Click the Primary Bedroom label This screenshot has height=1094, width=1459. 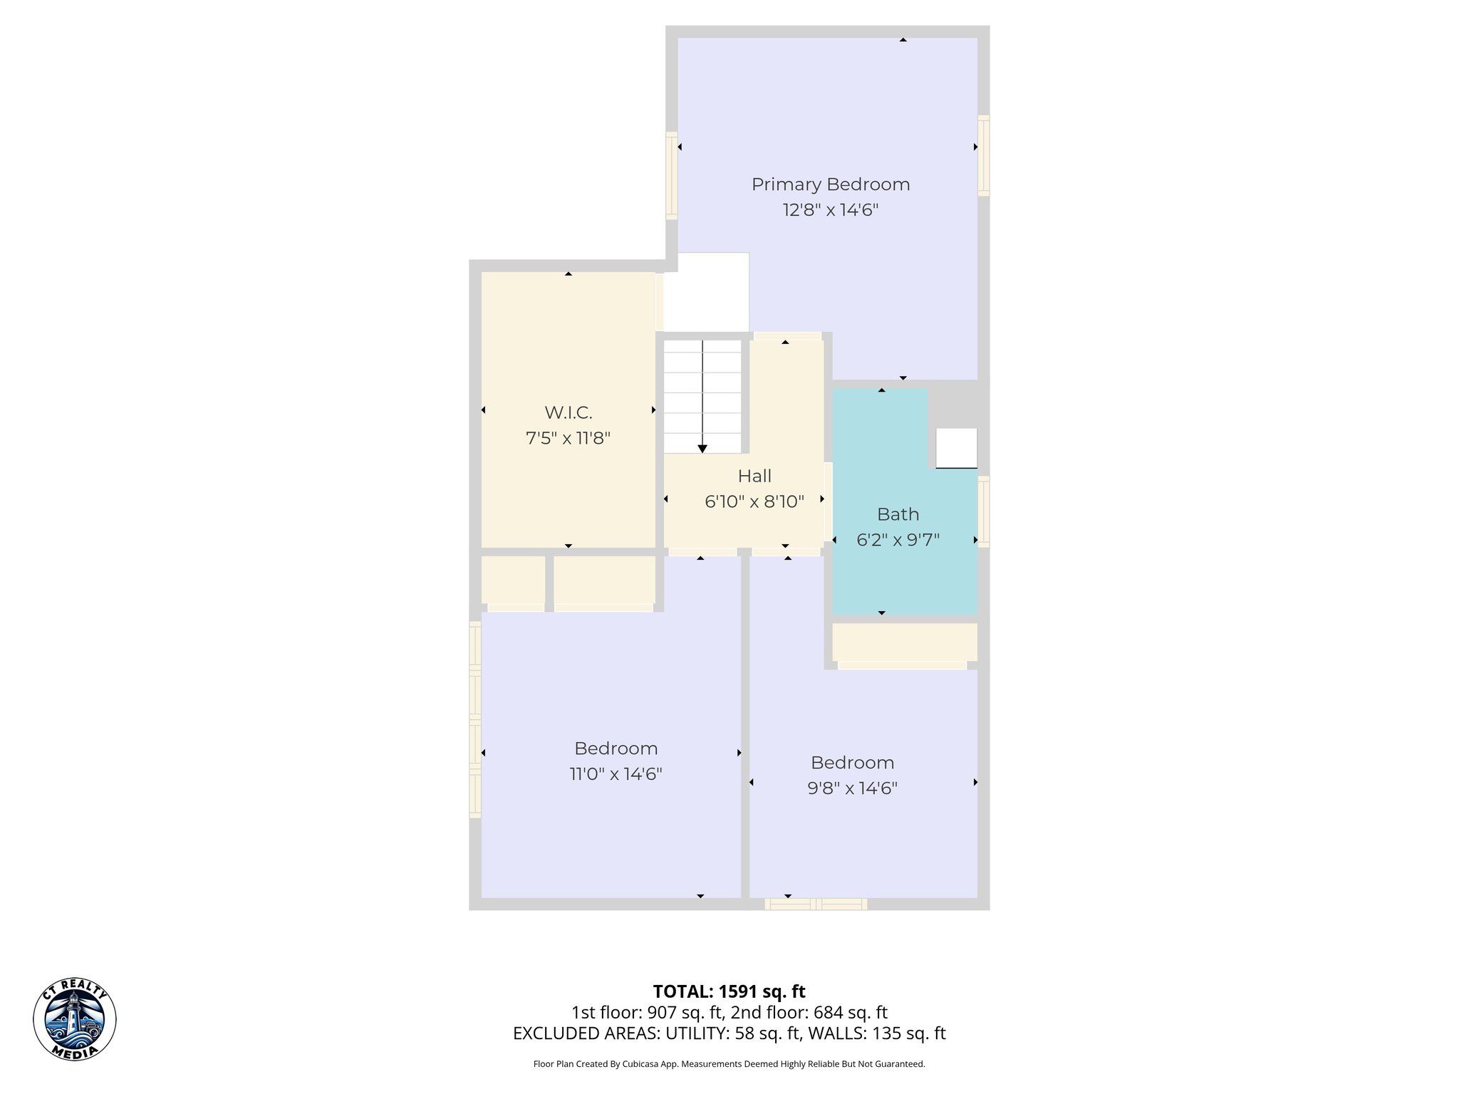tap(831, 184)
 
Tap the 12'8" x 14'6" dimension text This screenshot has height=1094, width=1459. tap(831, 210)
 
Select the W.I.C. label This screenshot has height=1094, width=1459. tap(568, 412)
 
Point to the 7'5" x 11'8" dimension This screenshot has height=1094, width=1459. tap(568, 438)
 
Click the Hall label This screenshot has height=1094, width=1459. tap(754, 476)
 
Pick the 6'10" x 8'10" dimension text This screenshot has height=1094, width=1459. tap(754, 501)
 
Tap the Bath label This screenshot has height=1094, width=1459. tap(898, 514)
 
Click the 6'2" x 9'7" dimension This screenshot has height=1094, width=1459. tap(898, 540)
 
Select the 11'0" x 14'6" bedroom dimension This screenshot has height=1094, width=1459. tap(616, 774)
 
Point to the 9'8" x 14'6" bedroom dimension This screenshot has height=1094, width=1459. tap(852, 788)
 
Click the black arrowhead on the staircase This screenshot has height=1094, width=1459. tap(702, 449)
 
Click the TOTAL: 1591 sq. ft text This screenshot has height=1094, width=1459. tap(729, 991)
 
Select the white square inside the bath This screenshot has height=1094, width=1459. tap(956, 448)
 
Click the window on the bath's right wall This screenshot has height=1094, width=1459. tap(984, 511)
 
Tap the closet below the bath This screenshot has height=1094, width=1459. tap(904, 642)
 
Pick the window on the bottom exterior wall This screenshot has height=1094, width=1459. tap(816, 904)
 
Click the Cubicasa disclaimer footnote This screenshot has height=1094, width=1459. tap(729, 1064)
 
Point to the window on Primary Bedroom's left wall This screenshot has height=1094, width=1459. tap(671, 175)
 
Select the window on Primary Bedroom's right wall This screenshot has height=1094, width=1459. tap(984, 155)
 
